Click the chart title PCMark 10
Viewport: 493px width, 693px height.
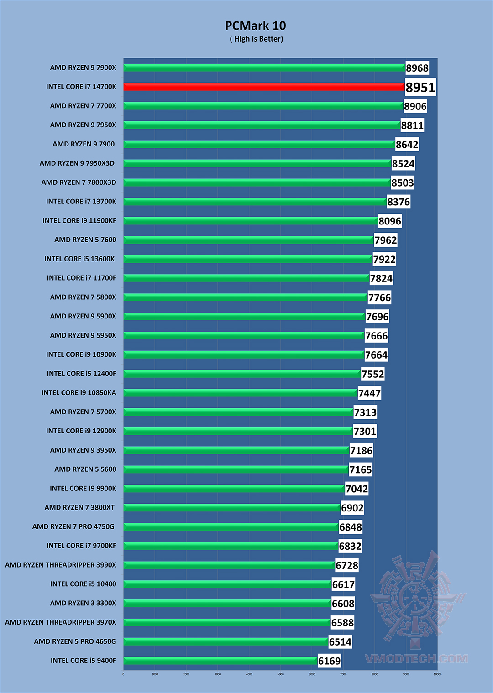tap(255, 26)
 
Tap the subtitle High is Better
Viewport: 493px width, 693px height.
tap(256, 39)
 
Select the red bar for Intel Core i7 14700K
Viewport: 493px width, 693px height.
tap(264, 87)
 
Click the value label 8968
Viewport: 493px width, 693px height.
tap(417, 68)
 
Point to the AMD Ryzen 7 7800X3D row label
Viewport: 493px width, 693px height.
tap(79, 182)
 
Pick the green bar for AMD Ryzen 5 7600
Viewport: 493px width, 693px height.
tap(248, 240)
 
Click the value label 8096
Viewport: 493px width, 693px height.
tap(390, 221)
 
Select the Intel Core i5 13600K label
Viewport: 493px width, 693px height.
tap(79, 259)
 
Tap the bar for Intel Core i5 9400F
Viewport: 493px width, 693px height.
tap(220, 661)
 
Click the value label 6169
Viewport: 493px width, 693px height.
tap(329, 661)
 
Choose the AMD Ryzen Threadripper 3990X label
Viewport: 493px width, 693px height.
tap(61, 565)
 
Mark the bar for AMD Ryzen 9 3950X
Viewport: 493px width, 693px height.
tap(236, 450)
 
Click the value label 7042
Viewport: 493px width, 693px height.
tap(357, 489)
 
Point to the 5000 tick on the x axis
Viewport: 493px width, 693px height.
tap(280, 674)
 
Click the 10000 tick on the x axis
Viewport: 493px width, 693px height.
tap(437, 674)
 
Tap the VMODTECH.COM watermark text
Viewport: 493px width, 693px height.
tap(416, 659)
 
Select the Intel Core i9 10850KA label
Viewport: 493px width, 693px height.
tap(79, 393)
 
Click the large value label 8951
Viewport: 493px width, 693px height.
tap(420, 87)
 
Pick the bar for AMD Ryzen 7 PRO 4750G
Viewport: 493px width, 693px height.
tap(231, 526)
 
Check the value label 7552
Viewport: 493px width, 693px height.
tap(372, 374)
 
